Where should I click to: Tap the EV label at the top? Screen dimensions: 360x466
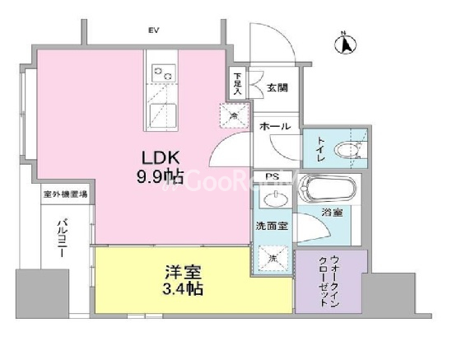[153, 30]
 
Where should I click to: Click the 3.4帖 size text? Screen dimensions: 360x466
[183, 290]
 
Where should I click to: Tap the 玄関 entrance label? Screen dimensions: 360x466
[277, 87]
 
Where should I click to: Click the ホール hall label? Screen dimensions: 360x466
[274, 127]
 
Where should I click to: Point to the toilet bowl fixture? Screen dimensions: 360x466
[352, 150]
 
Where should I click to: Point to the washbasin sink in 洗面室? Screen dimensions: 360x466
[274, 199]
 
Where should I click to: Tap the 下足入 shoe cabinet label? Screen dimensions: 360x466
[237, 84]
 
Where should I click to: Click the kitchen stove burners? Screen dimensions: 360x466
[162, 75]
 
